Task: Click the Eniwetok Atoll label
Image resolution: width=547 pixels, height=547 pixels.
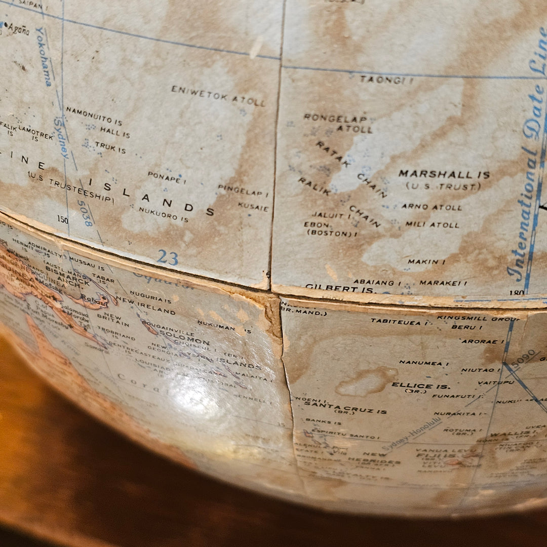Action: tap(218, 96)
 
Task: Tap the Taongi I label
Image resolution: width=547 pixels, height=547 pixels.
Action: tap(386, 80)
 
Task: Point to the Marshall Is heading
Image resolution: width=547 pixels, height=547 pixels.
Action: tap(444, 175)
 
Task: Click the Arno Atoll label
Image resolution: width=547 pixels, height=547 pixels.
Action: tap(432, 207)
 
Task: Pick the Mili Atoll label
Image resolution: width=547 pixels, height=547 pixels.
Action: tap(432, 225)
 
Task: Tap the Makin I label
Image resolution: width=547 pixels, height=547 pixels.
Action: tap(426, 262)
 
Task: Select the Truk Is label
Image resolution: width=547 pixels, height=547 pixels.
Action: tap(110, 148)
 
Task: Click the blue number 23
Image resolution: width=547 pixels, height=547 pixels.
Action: tap(167, 257)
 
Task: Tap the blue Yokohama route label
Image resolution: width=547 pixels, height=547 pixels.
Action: tap(43, 56)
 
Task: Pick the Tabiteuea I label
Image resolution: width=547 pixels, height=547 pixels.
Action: tap(396, 321)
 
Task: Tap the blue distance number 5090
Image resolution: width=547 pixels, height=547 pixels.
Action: tap(523, 358)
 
